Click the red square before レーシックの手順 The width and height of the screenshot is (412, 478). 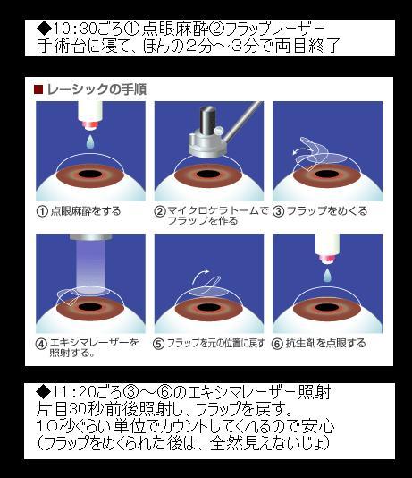pos(38,90)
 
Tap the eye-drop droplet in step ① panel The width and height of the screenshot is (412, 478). pos(90,142)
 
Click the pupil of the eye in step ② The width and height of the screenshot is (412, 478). pos(209,174)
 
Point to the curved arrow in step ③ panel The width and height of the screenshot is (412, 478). pos(302,150)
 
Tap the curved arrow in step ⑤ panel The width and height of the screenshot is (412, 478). pos(201,276)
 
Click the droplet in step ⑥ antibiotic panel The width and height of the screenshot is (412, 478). pos(327,275)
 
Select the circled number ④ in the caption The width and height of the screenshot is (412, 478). pos(41,344)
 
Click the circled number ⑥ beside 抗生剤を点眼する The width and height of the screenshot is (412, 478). pos(277,344)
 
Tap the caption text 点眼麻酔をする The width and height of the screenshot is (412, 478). pos(86,211)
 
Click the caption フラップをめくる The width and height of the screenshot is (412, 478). pos(327,211)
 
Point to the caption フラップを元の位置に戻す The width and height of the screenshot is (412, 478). pos(216,344)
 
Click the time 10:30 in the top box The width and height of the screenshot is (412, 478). pos(75,30)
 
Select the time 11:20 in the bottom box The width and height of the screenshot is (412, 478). pos(74,392)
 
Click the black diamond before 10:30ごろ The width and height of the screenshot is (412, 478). pos(45,29)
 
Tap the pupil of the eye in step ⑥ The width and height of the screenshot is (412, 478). pos(327,307)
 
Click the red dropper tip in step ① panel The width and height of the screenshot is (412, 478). pos(90,125)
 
